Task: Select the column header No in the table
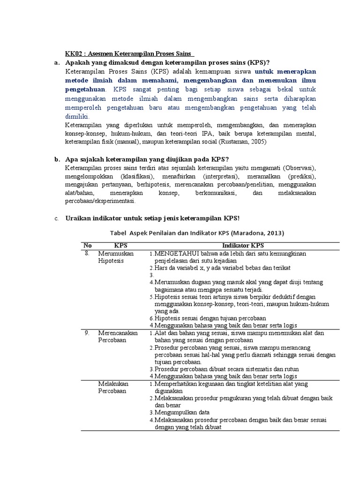tap(88, 246)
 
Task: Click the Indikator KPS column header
tap(243, 246)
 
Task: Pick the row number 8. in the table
tap(87, 253)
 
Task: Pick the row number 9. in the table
tap(87, 333)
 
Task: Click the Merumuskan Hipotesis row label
tap(115, 257)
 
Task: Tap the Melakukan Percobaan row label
tap(113, 387)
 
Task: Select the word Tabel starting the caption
tap(119, 232)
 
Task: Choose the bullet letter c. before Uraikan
tap(56, 219)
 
